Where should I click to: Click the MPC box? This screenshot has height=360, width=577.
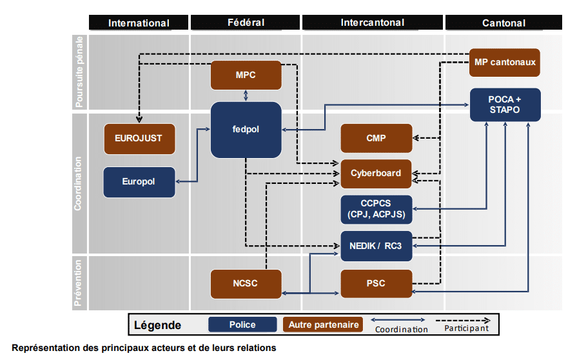click(246, 75)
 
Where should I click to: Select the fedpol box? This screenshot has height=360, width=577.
click(246, 130)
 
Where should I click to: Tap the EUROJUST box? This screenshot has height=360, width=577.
click(139, 139)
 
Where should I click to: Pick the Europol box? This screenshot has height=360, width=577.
click(139, 182)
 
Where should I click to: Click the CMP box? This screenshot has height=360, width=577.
click(376, 138)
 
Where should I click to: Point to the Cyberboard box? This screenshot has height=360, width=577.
click(376, 174)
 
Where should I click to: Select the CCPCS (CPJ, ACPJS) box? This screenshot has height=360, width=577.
click(376, 209)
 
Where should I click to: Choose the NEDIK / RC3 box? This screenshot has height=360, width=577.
click(376, 246)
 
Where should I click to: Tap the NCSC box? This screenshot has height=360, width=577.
click(246, 283)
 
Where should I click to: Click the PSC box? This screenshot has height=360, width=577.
click(376, 283)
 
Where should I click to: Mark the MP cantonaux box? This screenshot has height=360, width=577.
click(505, 63)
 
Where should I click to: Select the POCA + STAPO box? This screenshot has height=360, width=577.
click(505, 105)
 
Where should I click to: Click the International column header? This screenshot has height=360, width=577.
click(139, 23)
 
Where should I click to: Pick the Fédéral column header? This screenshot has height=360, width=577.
click(245, 23)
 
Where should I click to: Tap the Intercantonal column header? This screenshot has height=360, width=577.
click(373, 23)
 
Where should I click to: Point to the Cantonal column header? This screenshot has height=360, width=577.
click(504, 23)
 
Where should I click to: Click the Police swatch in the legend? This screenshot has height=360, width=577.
click(242, 325)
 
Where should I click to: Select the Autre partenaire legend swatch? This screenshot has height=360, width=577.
click(323, 325)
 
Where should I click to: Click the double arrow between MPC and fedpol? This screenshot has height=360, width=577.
click(246, 95)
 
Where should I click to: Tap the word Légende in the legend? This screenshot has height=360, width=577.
click(157, 325)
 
